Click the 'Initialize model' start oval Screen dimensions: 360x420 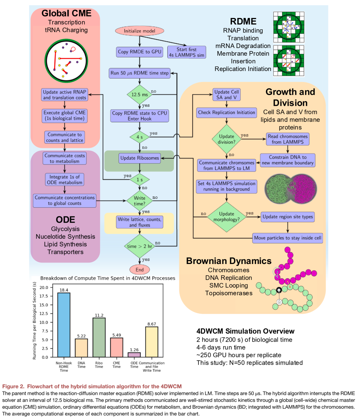click(x=139, y=31)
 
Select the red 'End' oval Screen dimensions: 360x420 click(x=140, y=269)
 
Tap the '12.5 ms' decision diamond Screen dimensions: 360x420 click(x=140, y=94)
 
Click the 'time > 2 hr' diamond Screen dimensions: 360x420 click(x=140, y=246)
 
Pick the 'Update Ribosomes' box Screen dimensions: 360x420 click(x=140, y=158)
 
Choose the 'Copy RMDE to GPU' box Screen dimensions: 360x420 click(x=140, y=52)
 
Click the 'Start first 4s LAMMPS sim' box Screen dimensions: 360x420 click(x=187, y=52)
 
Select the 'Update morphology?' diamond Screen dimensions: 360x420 click(x=227, y=217)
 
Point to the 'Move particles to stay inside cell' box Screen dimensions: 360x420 click(x=287, y=238)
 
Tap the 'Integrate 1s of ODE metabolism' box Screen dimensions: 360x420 click(x=65, y=180)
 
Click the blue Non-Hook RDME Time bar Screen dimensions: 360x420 click(x=64, y=325)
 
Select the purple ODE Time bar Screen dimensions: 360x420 click(x=134, y=355)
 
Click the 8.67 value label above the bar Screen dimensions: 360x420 click(x=152, y=324)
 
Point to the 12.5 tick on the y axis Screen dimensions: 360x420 click(x=44, y=314)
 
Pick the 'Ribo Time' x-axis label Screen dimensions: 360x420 click(x=99, y=365)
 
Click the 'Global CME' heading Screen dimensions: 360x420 click(x=66, y=13)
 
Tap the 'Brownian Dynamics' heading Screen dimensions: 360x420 click(x=229, y=261)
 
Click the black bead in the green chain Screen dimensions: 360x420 click(x=279, y=290)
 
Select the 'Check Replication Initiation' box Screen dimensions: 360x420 click(x=227, y=113)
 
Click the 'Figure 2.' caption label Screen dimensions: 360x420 click(x=13, y=386)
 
